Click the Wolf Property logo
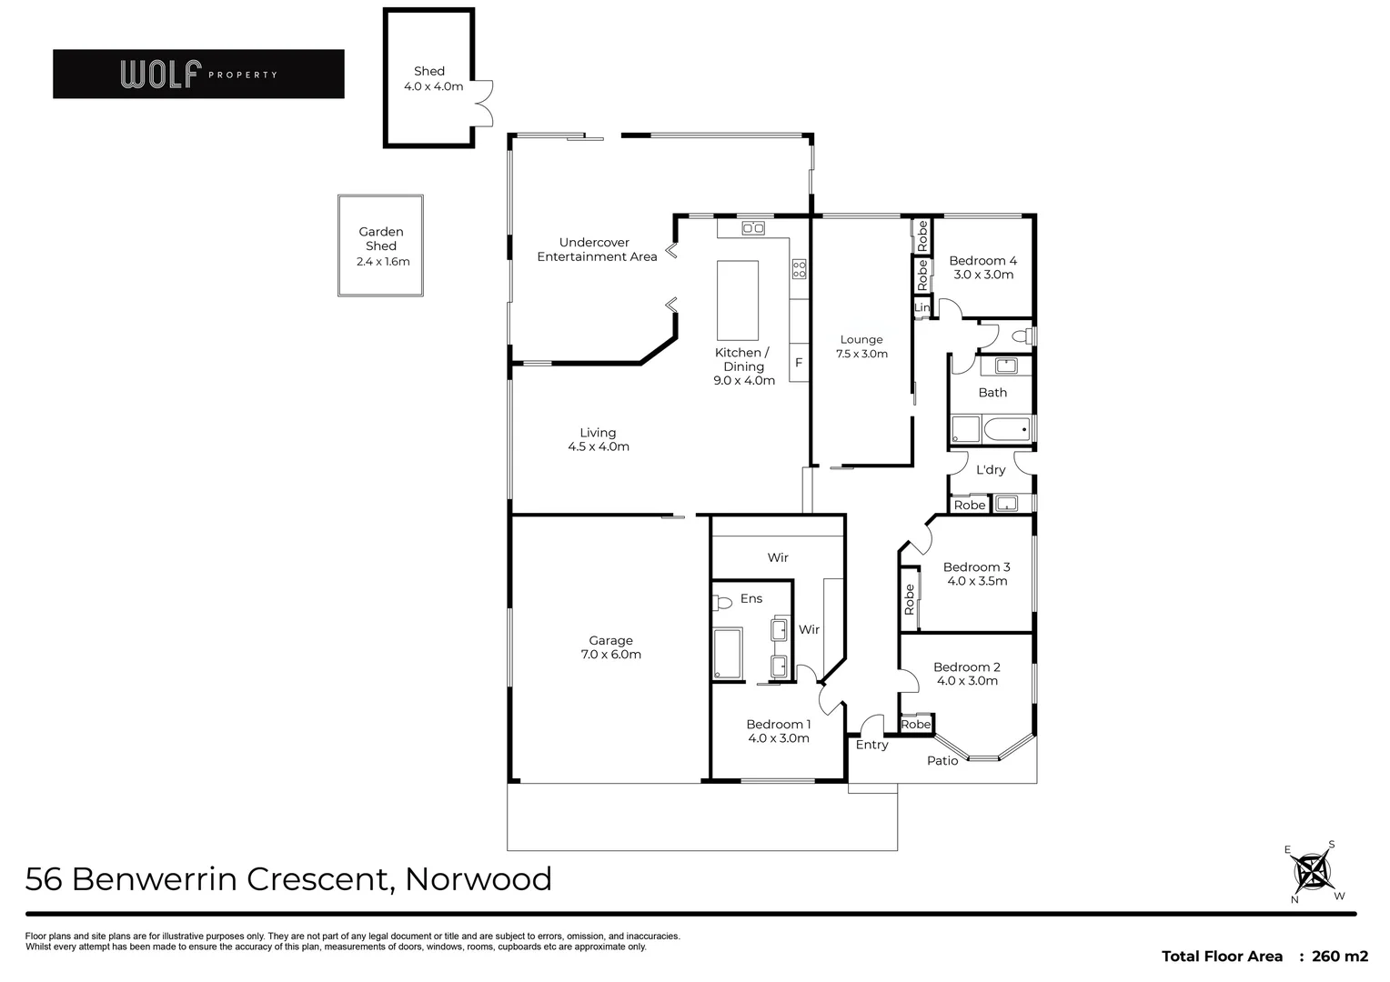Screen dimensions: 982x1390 coord(198,74)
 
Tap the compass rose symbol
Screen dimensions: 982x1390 coord(1313,872)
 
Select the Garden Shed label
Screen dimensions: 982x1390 coord(380,239)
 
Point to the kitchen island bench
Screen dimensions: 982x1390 coord(737,300)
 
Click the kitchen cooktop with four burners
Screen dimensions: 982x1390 coord(799,269)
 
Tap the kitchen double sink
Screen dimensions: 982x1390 coord(752,228)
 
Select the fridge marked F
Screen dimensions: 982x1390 coord(799,362)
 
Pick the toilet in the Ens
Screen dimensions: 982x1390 coord(722,602)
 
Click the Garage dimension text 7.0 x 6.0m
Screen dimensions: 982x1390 coord(610,655)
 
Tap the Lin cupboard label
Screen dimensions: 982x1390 coord(922,308)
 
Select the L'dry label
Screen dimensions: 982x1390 coord(991,470)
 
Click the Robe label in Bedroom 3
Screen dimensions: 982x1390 coord(909,599)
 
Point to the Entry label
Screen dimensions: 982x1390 coord(871,745)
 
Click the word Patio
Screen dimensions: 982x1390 coord(942,760)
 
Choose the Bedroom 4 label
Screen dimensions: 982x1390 coord(982,261)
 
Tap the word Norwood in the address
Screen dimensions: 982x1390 coord(478,879)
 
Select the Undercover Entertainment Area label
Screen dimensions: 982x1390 coord(596,250)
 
